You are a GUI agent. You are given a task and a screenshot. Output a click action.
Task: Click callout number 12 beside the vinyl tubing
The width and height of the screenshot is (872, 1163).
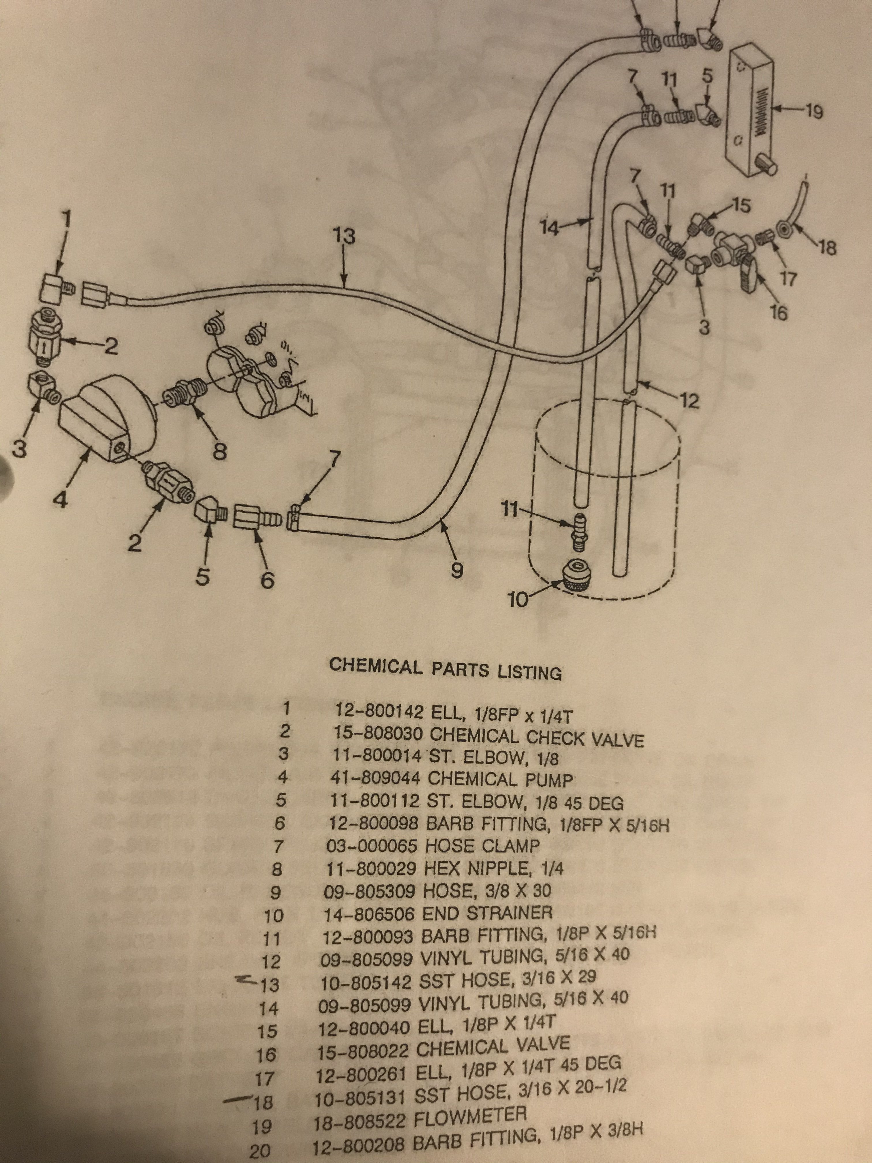689,402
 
